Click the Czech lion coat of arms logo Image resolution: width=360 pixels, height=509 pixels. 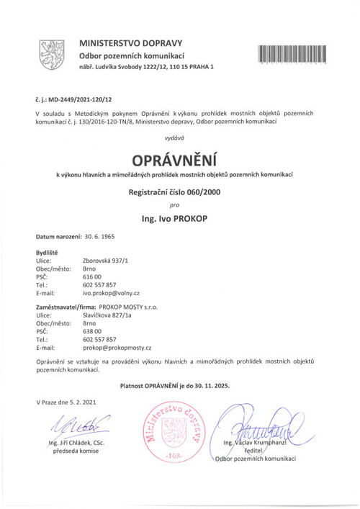(52, 55)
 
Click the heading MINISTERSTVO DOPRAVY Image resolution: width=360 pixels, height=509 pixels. (132, 43)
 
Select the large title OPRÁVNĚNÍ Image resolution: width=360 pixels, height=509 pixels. (179, 158)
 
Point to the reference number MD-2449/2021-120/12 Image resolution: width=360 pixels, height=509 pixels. (86, 101)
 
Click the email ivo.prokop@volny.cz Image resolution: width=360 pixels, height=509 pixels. (111, 294)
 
